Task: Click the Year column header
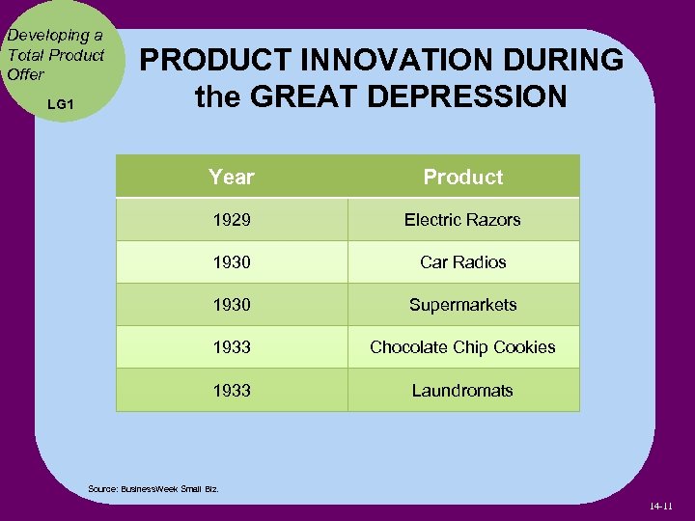tap(232, 177)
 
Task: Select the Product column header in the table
tap(463, 177)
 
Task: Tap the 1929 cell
tap(232, 220)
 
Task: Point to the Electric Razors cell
tap(462, 220)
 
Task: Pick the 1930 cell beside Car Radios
tap(232, 261)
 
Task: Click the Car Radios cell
tap(462, 261)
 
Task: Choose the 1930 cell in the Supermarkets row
tap(232, 305)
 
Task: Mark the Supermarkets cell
tap(462, 305)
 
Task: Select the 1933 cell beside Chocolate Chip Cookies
tap(232, 347)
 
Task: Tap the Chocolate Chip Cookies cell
tap(462, 347)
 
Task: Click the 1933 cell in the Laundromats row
tap(232, 391)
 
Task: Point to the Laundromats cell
tap(462, 391)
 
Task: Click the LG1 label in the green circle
tap(60, 103)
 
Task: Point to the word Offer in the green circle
tap(26, 74)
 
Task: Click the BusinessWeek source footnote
tap(153, 489)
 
